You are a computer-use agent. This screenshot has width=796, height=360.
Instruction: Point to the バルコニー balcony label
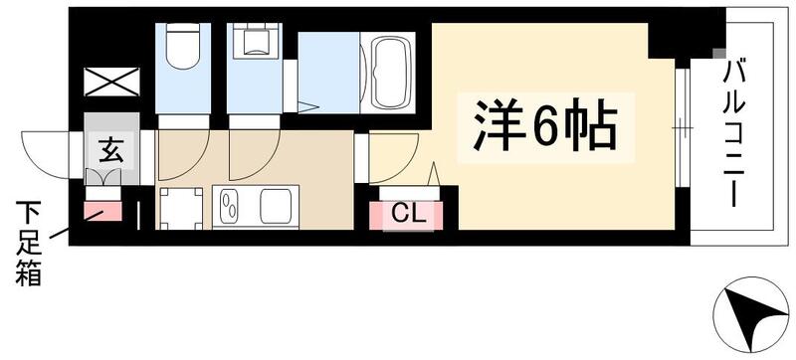click(x=735, y=130)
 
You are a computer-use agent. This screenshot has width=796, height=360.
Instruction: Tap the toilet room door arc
click(x=183, y=154)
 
